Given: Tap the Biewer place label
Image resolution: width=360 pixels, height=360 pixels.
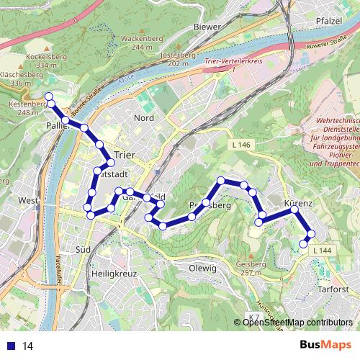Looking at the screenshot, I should tap(207, 27).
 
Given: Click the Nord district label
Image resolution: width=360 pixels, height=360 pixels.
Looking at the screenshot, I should tap(144, 117).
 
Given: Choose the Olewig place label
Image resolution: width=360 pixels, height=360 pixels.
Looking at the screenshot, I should tap(202, 268).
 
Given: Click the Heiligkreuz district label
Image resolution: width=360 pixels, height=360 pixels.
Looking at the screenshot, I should tap(114, 274).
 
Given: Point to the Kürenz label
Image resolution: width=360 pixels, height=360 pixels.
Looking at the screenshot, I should tap(298, 204).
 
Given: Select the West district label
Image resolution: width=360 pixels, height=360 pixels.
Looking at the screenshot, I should tap(27, 200).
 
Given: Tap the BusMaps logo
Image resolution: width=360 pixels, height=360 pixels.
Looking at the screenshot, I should tap(325, 346).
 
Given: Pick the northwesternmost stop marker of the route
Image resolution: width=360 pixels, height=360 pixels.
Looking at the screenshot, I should tap(49, 96).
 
